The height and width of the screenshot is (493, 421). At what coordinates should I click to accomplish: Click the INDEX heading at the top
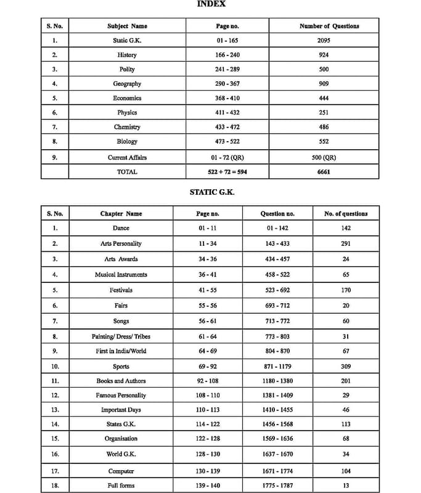[x=211, y=4]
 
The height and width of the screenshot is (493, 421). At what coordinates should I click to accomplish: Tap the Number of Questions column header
[x=329, y=26]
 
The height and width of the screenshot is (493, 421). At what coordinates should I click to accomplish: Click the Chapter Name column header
[x=121, y=214]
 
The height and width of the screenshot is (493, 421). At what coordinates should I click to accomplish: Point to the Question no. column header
[x=277, y=214]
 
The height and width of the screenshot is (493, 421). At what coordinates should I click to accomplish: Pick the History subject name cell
[x=127, y=55]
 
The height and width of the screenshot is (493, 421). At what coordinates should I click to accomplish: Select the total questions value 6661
[x=324, y=172]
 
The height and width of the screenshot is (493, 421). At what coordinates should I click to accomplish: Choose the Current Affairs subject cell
[x=127, y=158]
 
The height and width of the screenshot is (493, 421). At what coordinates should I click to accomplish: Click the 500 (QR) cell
[x=324, y=158]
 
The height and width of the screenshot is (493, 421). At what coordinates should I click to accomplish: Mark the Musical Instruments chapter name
[x=121, y=274]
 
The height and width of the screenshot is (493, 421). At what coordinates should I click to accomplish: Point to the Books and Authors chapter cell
[x=121, y=381]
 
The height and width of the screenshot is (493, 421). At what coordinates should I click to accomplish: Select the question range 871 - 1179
[x=277, y=367]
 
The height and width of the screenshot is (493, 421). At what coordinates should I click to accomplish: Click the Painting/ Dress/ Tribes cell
[x=121, y=336]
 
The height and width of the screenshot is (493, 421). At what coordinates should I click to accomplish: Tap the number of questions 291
[x=346, y=244]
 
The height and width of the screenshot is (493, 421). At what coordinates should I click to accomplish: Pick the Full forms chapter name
[x=121, y=486]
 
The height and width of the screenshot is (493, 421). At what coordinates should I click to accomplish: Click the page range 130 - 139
[x=208, y=471]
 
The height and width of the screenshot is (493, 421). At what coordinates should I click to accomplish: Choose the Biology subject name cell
[x=127, y=142]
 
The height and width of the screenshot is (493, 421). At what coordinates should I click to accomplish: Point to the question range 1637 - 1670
[x=277, y=454]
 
